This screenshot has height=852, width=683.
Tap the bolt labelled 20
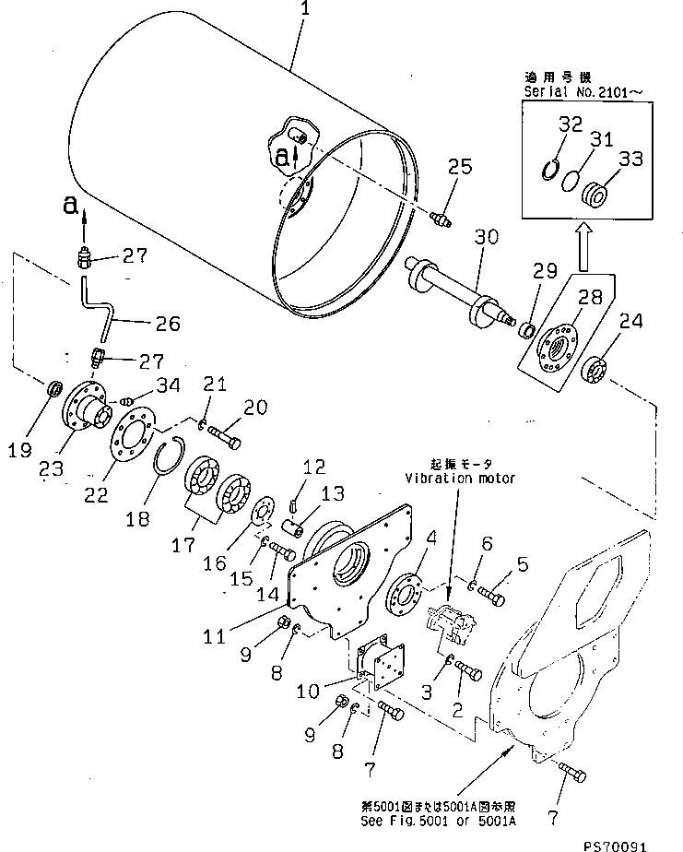pos(222,429)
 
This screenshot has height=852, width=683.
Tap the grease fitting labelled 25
pos(440,219)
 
